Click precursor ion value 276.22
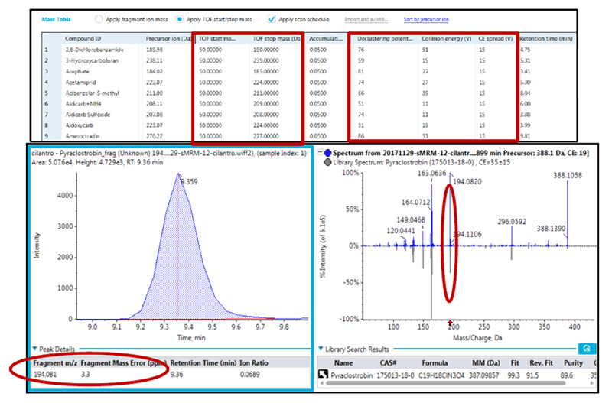click(156, 135)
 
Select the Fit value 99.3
click(503, 375)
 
